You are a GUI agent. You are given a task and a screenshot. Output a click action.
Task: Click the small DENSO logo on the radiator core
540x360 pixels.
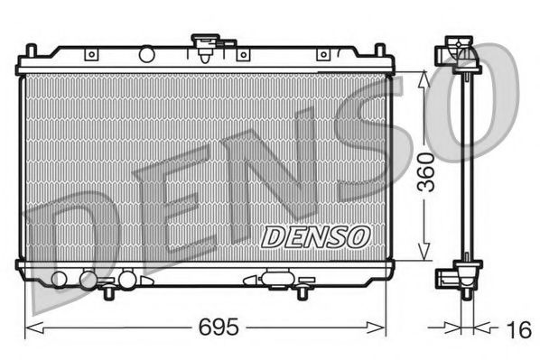coord(315,235)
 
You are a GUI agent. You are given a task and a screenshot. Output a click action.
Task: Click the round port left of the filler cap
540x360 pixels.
coord(145,55)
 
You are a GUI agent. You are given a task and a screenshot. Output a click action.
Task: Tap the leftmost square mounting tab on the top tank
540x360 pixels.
coord(90,55)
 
